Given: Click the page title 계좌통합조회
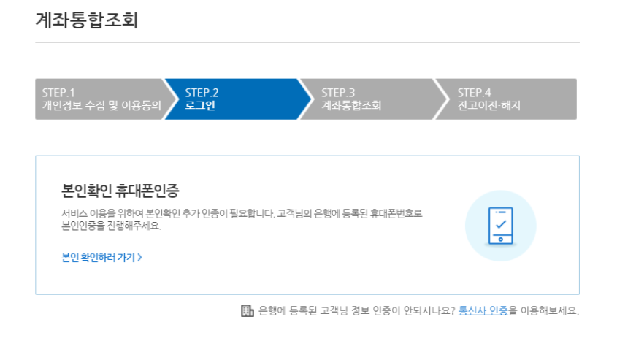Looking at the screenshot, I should (86, 21).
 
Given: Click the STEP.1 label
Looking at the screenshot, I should (59, 93).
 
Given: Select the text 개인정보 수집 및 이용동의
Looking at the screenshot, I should (101, 105).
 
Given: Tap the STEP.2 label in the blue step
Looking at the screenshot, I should (202, 93).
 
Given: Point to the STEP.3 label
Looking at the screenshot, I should (338, 93).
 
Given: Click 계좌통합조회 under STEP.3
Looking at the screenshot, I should (351, 105).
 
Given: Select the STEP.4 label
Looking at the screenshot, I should (475, 93).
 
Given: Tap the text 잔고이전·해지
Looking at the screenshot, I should (489, 105).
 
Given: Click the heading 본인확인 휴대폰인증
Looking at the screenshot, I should (120, 191).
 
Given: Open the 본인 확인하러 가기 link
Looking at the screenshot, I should (99, 257).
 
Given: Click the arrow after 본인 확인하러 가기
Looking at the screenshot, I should (139, 257).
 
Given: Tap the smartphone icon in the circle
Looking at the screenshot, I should (500, 226).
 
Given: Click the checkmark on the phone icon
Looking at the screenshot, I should (500, 224).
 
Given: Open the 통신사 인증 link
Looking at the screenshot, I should (483, 311).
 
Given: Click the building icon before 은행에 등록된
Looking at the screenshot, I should (247, 311).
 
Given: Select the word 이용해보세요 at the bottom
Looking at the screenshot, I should (548, 311).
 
